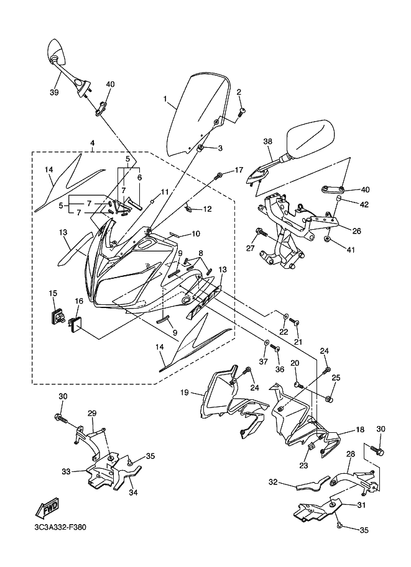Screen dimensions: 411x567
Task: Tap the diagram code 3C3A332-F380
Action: pos(58,528)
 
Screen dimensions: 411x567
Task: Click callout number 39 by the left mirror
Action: pos(54,93)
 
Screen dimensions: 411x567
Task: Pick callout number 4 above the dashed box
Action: pos(93,143)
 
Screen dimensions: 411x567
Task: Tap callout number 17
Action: pos(239,170)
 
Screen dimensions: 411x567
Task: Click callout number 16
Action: pos(79,301)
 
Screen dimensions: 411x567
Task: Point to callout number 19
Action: pos(184,392)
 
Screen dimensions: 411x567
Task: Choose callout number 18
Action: pos(359,430)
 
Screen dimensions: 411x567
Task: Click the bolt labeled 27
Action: pos(261,232)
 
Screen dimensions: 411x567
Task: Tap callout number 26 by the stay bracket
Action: pos(357,230)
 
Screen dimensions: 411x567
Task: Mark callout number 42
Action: pos(364,204)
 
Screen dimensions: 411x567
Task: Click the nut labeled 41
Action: pos(327,239)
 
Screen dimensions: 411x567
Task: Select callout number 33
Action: pos(66,471)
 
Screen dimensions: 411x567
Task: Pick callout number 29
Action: pos(92,414)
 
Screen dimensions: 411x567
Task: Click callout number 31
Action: pos(361,505)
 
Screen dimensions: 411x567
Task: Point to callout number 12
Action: pos(208,209)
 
